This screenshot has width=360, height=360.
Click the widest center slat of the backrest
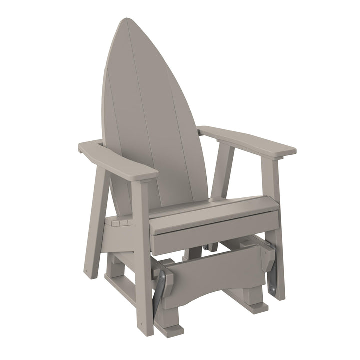(x=155, y=115)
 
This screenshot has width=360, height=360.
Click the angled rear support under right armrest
(x=223, y=170)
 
